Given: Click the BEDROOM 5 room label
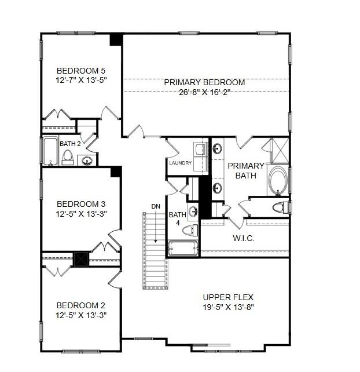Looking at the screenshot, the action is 81,71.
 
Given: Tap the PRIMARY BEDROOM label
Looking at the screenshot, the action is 204,82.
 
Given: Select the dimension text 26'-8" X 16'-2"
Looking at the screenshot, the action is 204,92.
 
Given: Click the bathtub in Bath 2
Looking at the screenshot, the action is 50,151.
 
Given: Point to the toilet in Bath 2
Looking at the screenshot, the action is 68,157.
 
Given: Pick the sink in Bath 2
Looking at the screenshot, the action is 87,161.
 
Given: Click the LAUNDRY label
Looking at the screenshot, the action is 181,163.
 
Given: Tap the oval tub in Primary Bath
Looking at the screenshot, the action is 278,181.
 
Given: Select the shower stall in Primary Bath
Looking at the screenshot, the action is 280,151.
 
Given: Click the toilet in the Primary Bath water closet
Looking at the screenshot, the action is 280,207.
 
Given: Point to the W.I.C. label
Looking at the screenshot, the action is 244,238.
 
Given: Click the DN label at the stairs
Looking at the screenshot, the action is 156,206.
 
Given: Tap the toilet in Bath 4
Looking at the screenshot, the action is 190,230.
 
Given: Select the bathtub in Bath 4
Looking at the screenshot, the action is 183,249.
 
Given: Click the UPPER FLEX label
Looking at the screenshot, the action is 228,297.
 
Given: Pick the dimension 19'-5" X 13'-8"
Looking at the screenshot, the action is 228,307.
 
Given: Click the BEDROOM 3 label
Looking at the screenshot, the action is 81,204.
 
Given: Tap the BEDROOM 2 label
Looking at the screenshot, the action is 81,305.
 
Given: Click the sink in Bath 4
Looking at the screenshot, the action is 193,211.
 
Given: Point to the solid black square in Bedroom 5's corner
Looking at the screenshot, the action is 116,39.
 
